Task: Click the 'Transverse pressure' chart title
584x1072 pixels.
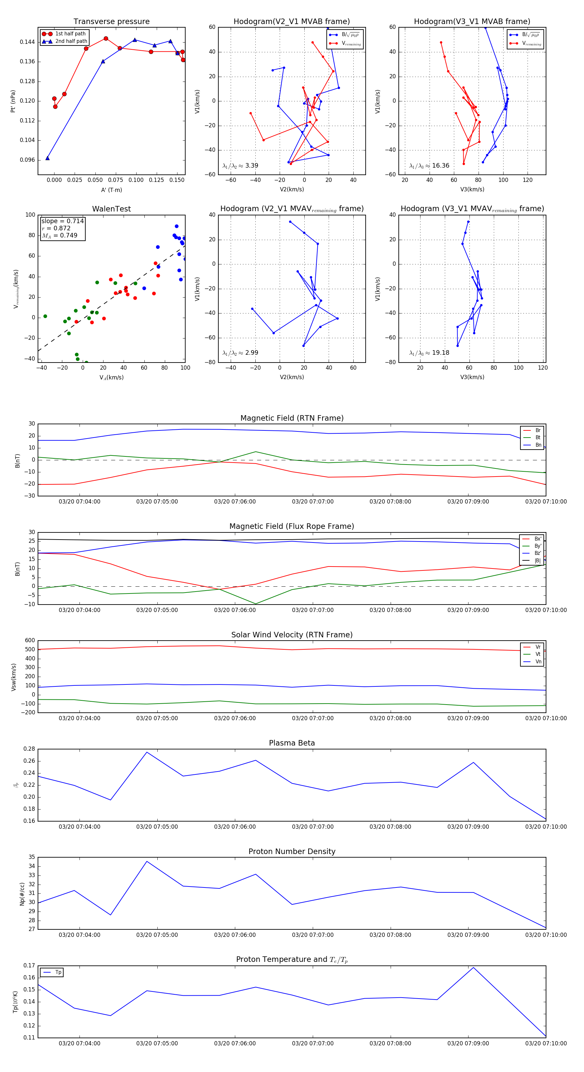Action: pos(111,22)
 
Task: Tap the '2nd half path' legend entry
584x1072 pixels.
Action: pos(71,41)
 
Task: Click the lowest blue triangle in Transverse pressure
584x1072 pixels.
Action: pos(47,158)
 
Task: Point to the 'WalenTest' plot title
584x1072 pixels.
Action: pos(111,209)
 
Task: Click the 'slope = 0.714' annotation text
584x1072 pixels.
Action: pos(62,221)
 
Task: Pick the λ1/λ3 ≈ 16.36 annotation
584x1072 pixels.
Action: pos(429,166)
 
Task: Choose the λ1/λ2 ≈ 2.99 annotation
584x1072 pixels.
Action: pos(240,353)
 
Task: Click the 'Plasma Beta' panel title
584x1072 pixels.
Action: pos(292,743)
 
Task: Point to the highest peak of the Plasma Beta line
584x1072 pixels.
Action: pos(147,752)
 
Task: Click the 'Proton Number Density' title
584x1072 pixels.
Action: pos(292,851)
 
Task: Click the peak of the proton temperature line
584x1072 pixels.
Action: pos(473,967)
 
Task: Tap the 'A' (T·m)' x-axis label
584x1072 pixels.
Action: pos(111,190)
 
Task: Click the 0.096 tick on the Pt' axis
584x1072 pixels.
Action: pos(28,160)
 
